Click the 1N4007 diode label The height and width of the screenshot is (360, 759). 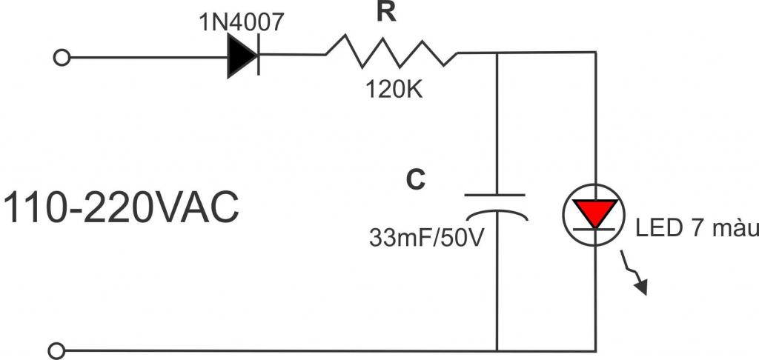240,22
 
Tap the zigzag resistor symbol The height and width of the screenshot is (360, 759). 391,53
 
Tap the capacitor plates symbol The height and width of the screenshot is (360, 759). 496,204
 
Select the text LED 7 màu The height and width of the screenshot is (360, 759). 697,229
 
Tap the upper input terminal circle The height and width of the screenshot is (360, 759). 62,57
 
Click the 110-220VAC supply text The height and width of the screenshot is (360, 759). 122,208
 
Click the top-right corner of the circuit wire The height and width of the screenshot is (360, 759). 595,53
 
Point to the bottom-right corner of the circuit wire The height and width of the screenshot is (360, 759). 595,350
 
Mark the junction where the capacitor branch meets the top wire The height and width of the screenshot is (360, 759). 496,53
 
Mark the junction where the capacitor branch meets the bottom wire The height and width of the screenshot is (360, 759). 496,350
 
